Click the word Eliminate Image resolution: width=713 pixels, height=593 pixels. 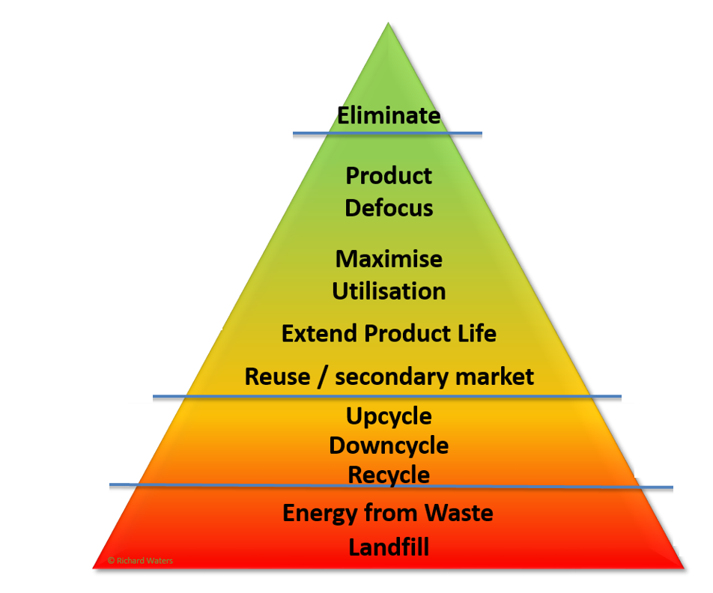pyautogui.click(x=389, y=116)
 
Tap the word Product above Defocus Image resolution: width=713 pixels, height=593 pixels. pyautogui.click(x=389, y=176)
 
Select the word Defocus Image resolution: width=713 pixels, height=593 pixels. pyautogui.click(x=389, y=207)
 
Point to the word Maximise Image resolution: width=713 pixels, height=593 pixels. pyautogui.click(x=389, y=259)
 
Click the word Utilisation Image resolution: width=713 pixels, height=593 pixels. pyautogui.click(x=389, y=291)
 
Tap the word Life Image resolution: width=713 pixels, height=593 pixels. pyautogui.click(x=478, y=332)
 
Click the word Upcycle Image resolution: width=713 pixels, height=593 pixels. pyautogui.click(x=389, y=416)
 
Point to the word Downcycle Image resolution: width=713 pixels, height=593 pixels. pyautogui.click(x=389, y=445)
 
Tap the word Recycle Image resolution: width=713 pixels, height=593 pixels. pyautogui.click(x=389, y=475)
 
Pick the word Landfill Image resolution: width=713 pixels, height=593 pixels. pyautogui.click(x=389, y=547)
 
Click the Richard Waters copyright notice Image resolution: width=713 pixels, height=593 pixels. pyautogui.click(x=140, y=560)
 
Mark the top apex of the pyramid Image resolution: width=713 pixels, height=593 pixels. pyautogui.click(x=388, y=24)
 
